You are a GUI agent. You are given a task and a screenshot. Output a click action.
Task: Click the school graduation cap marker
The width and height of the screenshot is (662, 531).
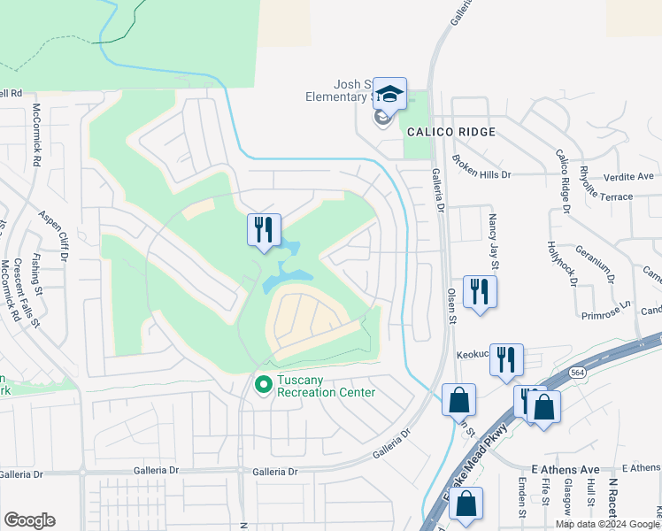pos(389,94)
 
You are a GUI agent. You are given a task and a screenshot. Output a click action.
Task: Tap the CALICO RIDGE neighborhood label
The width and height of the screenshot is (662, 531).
pos(450,132)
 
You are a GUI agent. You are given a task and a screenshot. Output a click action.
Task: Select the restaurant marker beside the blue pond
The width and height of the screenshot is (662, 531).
pos(264,231)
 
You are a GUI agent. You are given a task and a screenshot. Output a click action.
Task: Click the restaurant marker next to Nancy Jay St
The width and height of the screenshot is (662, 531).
pos(480,292)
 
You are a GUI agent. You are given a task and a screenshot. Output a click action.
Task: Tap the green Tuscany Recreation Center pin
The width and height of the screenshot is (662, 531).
pos(262,385)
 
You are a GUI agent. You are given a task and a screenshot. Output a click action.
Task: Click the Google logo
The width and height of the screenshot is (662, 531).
pos(29,520)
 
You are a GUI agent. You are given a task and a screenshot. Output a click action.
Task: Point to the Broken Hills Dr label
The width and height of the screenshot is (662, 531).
pos(481,166)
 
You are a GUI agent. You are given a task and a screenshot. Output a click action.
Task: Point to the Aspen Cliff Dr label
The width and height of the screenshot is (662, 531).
pos(53,236)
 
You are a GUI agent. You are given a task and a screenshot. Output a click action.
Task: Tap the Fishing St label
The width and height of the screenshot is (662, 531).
pos(37,273)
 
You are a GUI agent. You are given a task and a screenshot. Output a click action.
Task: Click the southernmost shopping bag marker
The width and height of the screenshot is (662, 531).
pos(466,504)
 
